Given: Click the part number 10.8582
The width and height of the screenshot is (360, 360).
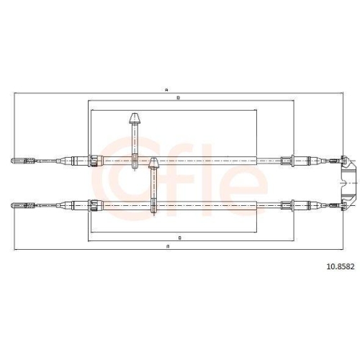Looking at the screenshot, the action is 340,266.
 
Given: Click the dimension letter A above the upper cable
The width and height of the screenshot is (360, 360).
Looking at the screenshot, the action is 166,91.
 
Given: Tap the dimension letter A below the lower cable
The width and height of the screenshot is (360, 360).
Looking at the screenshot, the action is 168,246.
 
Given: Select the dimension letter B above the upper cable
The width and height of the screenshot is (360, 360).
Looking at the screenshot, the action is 179,98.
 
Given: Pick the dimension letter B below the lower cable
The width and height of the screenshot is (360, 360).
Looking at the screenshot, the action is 180,238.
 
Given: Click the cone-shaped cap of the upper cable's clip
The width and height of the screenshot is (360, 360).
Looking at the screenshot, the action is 135,118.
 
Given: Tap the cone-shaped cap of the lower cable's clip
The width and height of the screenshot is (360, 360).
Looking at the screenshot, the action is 153,163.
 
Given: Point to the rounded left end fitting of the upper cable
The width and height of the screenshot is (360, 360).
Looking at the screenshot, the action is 17,161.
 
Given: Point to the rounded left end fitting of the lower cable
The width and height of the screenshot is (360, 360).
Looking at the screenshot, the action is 17,205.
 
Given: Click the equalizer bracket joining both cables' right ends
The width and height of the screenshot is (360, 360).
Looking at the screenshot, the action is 349,183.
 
